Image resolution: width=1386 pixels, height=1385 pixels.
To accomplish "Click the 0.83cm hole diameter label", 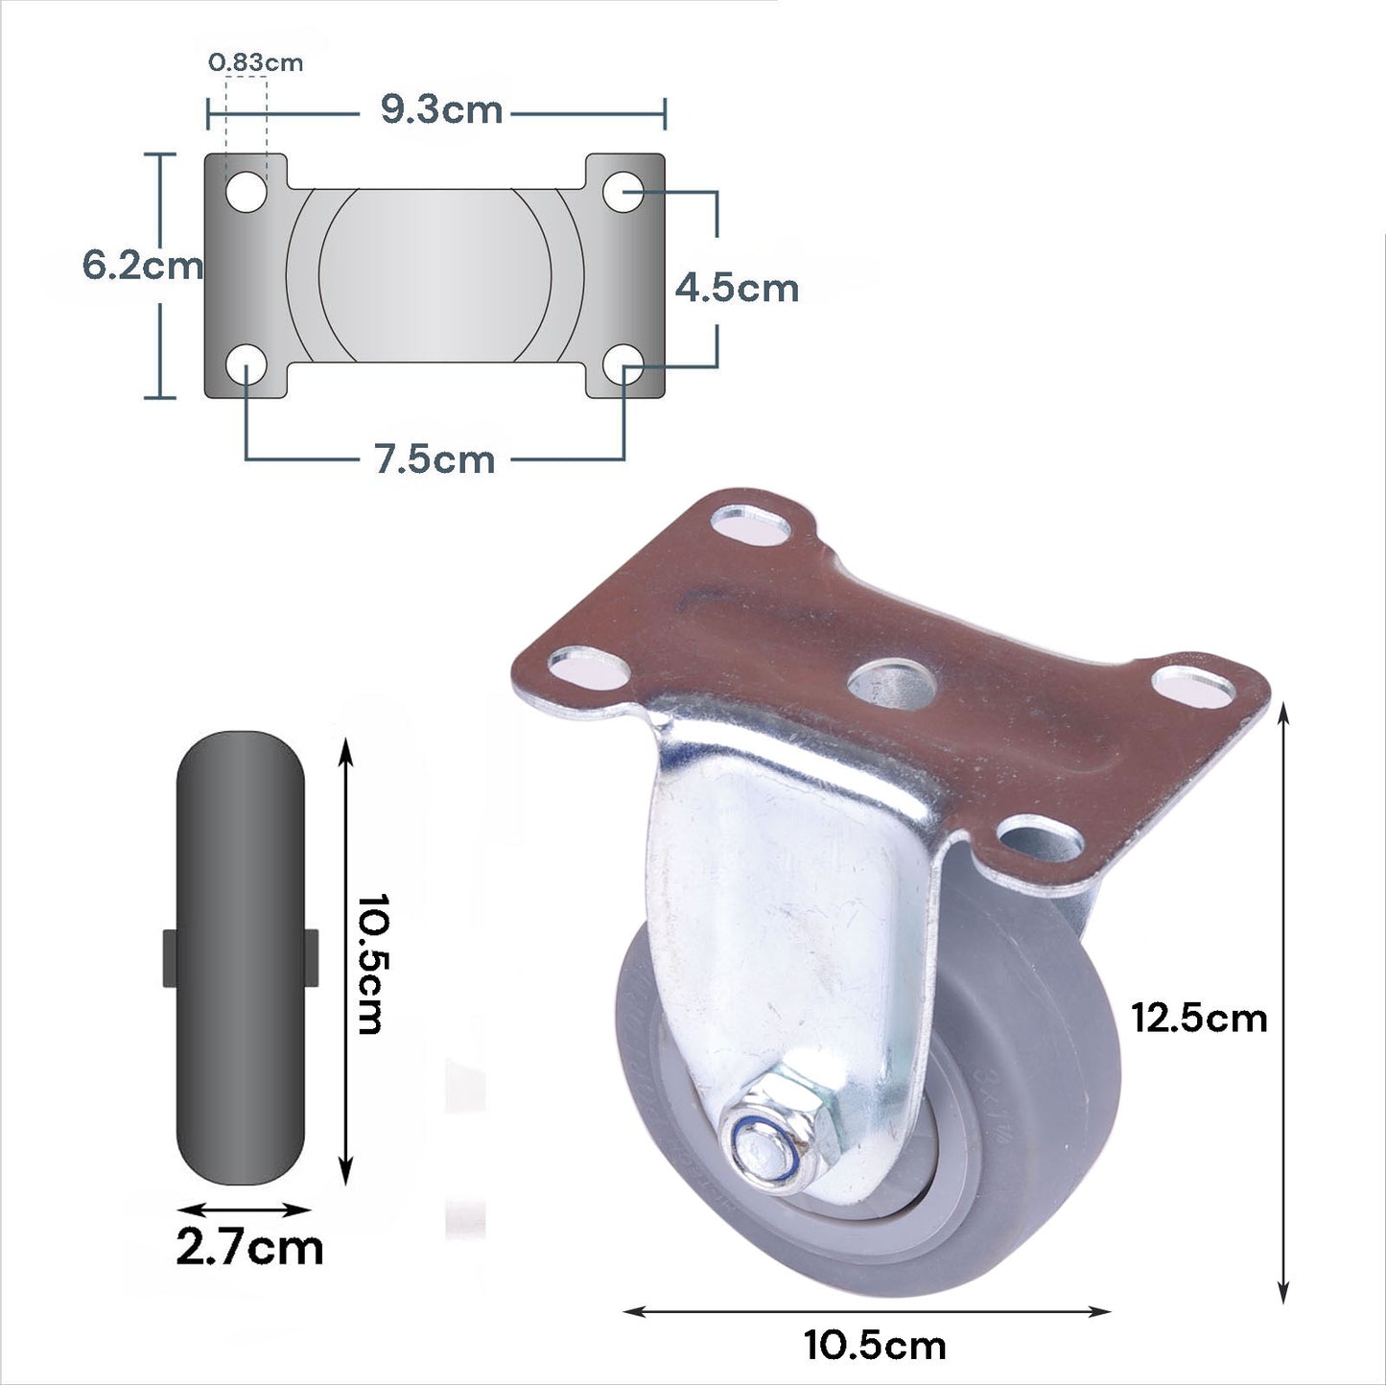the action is (x=255, y=63).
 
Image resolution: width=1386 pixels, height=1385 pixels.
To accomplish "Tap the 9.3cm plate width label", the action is (x=441, y=110).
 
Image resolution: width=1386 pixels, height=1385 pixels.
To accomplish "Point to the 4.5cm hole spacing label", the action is (x=737, y=288).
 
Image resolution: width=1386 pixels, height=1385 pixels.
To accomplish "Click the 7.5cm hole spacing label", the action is (x=435, y=459).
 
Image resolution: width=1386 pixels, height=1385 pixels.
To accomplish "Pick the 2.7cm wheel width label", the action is (x=248, y=1248).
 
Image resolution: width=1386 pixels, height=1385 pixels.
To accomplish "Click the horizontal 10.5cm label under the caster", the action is (x=874, y=1345).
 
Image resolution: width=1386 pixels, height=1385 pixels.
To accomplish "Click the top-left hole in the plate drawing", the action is (x=247, y=192).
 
